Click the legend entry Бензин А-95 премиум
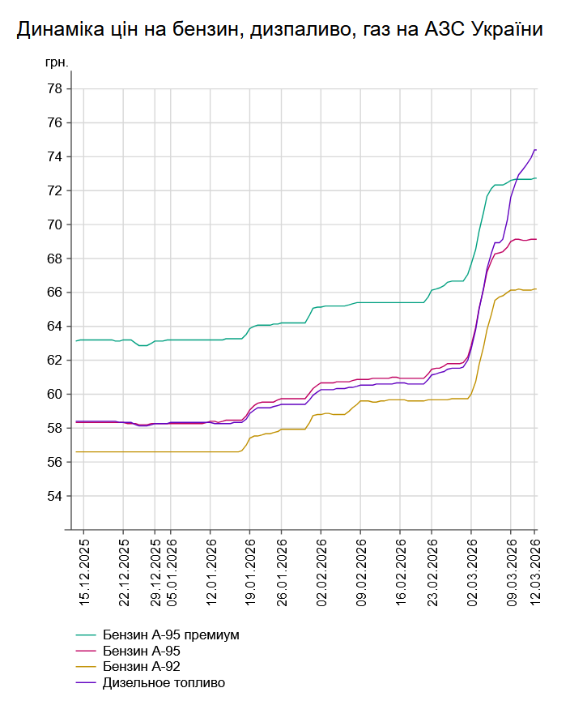pos(171,634)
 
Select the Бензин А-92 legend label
pos(141,667)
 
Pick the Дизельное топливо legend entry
pos(164,683)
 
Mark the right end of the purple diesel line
pos(536,150)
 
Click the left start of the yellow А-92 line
pos(77,451)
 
